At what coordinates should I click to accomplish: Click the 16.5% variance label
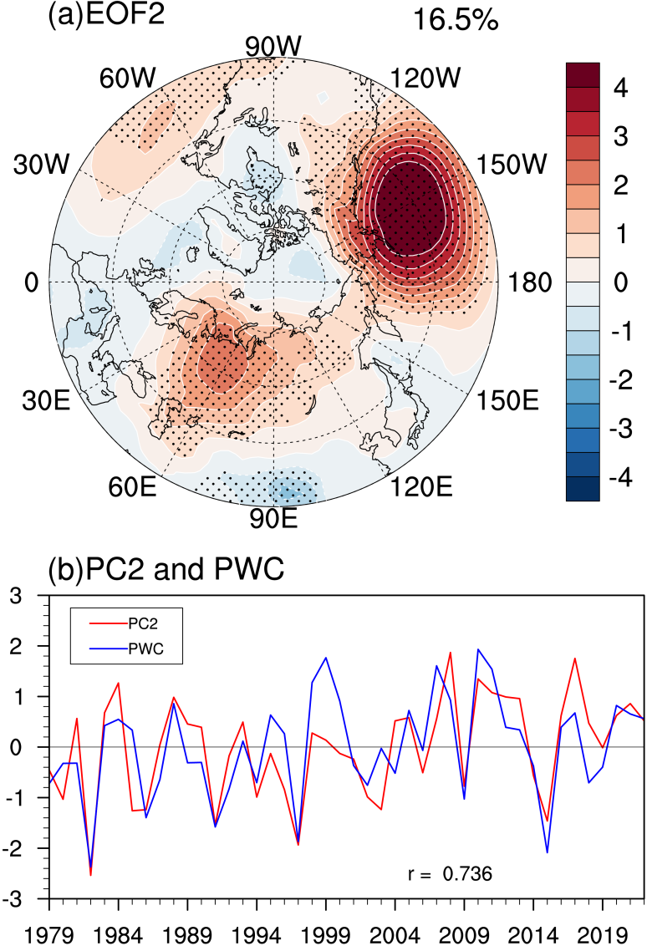click(456, 21)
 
